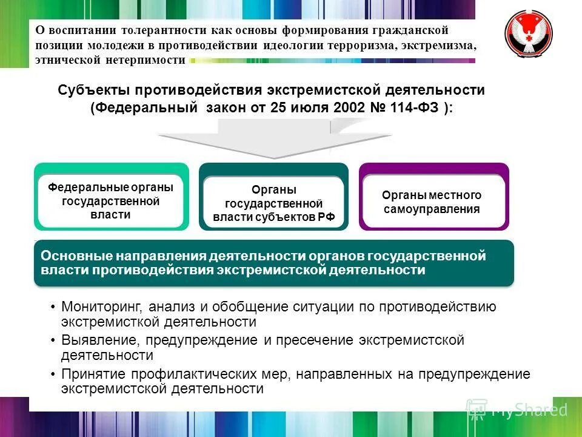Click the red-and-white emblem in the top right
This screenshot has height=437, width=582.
pos(532,36)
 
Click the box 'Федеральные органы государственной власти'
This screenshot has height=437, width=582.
pos(110,201)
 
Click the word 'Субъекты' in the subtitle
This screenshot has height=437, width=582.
pos(93,90)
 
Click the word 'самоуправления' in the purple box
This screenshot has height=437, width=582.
pos(432,209)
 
